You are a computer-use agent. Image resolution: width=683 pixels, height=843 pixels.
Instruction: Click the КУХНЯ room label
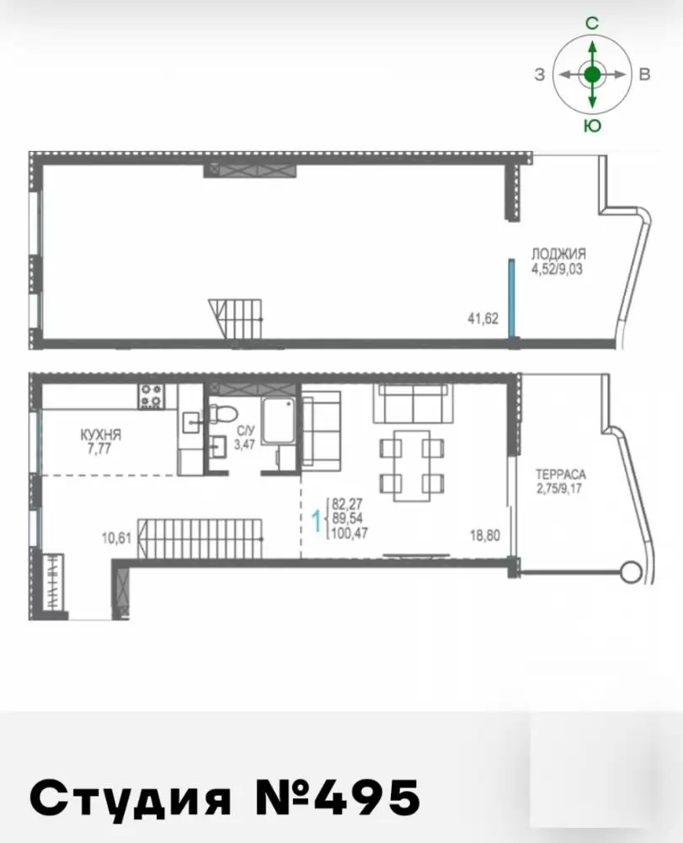pyautogui.click(x=100, y=434)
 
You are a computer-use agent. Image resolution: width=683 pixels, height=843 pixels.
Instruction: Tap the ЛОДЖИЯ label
pyautogui.click(x=558, y=253)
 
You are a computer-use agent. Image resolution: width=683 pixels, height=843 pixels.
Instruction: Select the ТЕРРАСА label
pyautogui.click(x=561, y=475)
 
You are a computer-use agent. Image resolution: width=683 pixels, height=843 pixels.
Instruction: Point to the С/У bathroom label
pyautogui.click(x=244, y=431)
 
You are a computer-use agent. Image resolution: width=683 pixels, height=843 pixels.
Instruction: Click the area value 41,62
pyautogui.click(x=483, y=319)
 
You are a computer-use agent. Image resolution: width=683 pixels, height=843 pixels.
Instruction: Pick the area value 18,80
pyautogui.click(x=485, y=535)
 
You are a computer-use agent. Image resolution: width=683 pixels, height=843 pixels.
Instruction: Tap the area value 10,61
pyautogui.click(x=116, y=537)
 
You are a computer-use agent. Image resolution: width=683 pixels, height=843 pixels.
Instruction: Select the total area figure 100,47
pyautogui.click(x=350, y=534)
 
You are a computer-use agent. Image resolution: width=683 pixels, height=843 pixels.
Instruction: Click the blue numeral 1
pyautogui.click(x=317, y=520)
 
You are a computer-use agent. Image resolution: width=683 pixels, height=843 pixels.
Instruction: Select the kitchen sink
pyautogui.click(x=191, y=422)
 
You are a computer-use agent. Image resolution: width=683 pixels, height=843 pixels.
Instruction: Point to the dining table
pyautogui.click(x=412, y=465)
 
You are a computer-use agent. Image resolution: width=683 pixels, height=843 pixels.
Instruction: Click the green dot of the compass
pyautogui.click(x=592, y=74)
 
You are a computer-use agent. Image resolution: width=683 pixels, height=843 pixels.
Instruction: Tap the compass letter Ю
pyautogui.click(x=592, y=126)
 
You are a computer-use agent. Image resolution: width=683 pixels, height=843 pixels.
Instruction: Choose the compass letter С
pyautogui.click(x=592, y=23)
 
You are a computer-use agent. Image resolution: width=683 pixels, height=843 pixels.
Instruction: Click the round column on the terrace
pyautogui.click(x=632, y=570)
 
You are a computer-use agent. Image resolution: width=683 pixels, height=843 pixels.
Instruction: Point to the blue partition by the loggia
pyautogui.click(x=512, y=298)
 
